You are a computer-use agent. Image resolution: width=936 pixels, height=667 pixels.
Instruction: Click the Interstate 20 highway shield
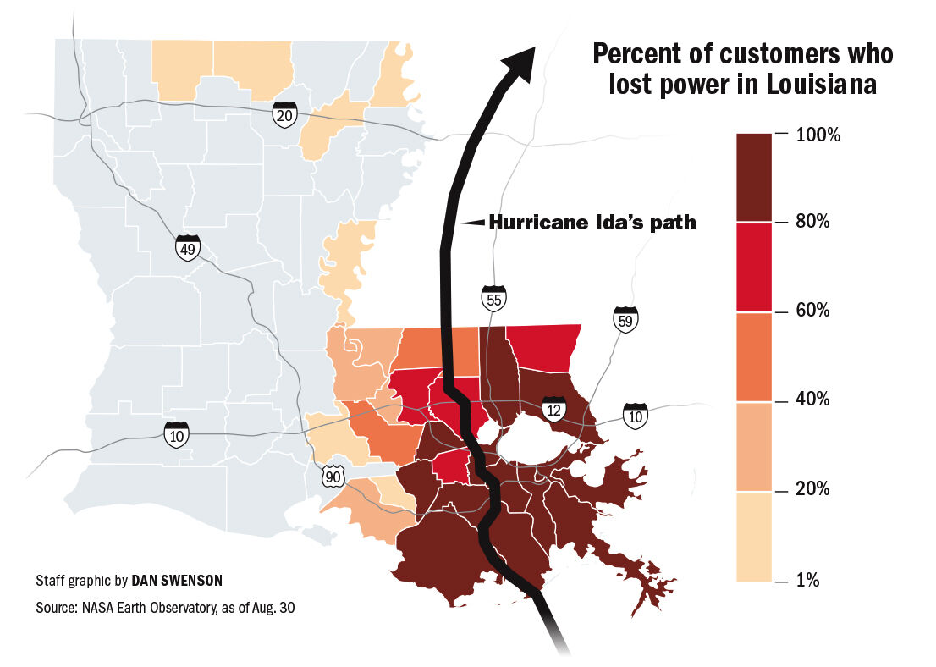click(x=284, y=115)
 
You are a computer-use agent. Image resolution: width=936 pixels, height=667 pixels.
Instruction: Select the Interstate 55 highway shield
click(x=493, y=298)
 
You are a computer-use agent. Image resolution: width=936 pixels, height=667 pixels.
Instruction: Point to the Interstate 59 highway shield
click(x=625, y=319)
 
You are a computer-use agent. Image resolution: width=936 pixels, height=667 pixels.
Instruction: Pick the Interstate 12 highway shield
click(x=554, y=411)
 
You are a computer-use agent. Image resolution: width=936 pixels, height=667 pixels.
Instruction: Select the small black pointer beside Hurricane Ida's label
click(x=475, y=223)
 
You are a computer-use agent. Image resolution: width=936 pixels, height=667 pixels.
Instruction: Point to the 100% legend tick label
click(x=818, y=134)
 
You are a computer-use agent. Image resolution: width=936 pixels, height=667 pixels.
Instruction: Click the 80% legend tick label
click(x=813, y=223)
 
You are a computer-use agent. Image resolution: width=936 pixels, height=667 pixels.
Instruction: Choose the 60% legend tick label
click(x=813, y=311)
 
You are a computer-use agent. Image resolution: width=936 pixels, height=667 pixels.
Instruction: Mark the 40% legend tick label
click(x=813, y=400)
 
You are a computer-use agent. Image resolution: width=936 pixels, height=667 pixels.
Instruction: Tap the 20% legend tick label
click(x=813, y=490)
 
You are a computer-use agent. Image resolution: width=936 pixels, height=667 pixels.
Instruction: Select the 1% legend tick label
click(x=809, y=580)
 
